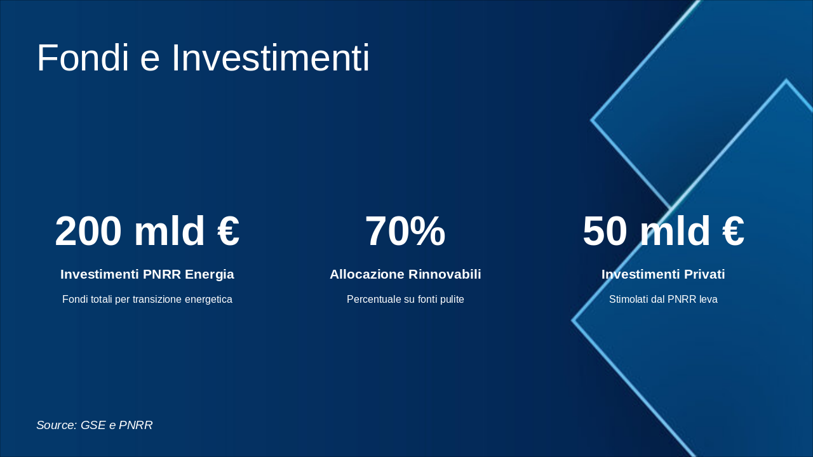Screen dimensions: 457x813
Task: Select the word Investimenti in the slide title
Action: coord(270,58)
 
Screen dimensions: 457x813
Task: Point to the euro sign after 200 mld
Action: coord(229,232)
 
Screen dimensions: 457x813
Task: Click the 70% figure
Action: coord(405,232)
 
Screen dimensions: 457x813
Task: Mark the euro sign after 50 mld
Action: coord(733,232)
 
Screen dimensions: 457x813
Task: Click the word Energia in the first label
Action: coord(210,274)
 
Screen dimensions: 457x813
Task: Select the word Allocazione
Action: coord(366,274)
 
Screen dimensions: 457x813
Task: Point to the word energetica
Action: coord(208,300)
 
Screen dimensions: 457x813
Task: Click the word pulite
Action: coord(450,300)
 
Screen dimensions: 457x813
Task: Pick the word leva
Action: coord(708,300)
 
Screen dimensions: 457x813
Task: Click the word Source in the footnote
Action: coord(56,425)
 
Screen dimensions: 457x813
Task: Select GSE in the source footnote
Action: coord(93,425)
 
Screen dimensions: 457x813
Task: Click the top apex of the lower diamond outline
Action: coord(786,81)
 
